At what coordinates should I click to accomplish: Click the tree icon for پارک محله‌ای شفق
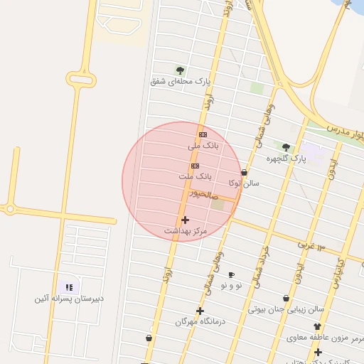pos(180,70)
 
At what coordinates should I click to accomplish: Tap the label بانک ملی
pos(204,145)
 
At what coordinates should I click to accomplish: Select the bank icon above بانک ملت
pos(196,166)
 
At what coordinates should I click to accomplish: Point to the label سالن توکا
pos(244,183)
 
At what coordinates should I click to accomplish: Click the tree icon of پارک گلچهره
pos(287,147)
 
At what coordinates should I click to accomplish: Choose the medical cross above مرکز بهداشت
pos(185,220)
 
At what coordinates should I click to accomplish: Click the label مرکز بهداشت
pos(185,231)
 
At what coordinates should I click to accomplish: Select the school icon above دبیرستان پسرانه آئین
pos(69,287)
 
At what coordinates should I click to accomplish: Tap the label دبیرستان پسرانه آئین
pos(69,298)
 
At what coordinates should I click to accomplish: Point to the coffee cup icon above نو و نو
pos(231,274)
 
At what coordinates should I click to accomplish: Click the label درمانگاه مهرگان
pos(200,321)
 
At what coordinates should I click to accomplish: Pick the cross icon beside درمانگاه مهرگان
pos(200,311)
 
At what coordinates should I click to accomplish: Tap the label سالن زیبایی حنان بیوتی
pos(286,309)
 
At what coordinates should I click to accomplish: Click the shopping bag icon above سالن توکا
pos(245,172)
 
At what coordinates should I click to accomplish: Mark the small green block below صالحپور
pos(218,205)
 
